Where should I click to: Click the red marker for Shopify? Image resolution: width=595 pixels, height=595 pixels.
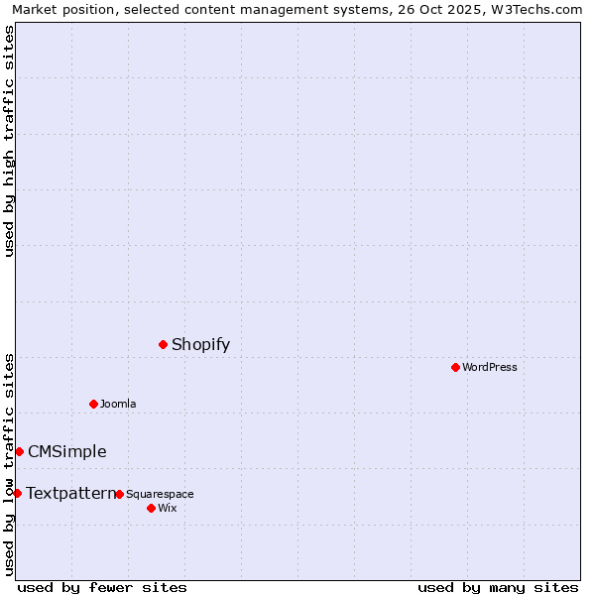(x=164, y=344)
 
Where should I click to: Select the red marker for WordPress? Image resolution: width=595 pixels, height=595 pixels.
(x=455, y=367)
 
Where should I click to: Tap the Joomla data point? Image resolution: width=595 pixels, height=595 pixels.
(x=93, y=404)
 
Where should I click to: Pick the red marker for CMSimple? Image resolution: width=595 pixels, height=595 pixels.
(x=19, y=451)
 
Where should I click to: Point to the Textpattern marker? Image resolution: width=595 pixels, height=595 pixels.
(x=17, y=493)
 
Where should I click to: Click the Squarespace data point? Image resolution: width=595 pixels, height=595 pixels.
(x=119, y=494)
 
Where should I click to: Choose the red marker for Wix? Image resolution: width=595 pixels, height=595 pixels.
(x=151, y=508)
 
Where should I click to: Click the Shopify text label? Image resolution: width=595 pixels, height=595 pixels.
(x=200, y=344)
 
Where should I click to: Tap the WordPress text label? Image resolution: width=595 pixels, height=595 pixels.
(x=489, y=367)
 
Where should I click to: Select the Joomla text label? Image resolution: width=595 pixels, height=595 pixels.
(x=118, y=404)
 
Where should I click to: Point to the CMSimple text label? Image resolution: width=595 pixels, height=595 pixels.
(x=66, y=451)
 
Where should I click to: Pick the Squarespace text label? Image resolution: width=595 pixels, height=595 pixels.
(x=160, y=494)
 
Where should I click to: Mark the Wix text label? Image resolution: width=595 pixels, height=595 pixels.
(x=167, y=508)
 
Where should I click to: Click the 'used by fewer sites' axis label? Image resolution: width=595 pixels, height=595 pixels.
(x=102, y=587)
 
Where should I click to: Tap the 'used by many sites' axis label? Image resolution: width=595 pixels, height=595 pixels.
(x=498, y=587)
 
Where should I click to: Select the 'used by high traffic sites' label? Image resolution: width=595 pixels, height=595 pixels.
(x=9, y=141)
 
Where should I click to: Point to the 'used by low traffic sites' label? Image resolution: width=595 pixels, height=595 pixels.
(x=9, y=463)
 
